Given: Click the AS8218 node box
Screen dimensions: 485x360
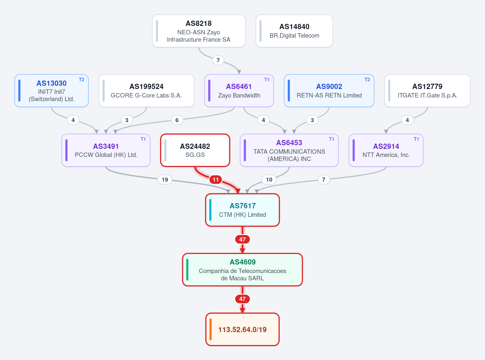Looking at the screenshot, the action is pyautogui.click(x=198, y=31).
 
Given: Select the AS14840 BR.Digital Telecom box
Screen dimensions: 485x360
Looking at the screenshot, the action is pyautogui.click(x=294, y=31).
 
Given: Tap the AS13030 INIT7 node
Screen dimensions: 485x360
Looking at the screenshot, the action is pyautogui.click(x=51, y=91).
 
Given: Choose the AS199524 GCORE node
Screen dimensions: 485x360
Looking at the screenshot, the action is pyautogui.click(x=146, y=91).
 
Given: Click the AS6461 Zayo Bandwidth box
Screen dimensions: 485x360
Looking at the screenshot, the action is pyautogui.click(x=239, y=91).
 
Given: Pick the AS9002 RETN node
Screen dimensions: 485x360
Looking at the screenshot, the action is pyautogui.click(x=329, y=91).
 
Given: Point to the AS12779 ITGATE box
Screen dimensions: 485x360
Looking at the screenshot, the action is pyautogui.click(x=427, y=91).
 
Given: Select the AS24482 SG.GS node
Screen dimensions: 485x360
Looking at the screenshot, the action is pyautogui.click(x=195, y=150).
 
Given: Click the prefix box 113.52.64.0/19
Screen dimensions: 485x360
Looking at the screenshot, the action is pyautogui.click(x=242, y=329).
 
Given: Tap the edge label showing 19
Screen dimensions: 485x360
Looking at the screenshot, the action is pyautogui.click(x=164, y=180).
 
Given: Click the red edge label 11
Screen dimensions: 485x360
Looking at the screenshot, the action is pyautogui.click(x=215, y=180).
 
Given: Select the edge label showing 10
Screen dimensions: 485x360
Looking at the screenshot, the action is pyautogui.click(x=269, y=180).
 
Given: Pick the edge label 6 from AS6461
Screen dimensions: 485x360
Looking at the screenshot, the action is pyautogui.click(x=177, y=120).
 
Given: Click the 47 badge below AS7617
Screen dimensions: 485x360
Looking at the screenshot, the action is pyautogui.click(x=242, y=239).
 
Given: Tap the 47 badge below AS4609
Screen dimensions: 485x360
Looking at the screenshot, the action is pyautogui.click(x=242, y=299).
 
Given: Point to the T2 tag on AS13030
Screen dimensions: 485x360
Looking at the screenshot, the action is pyautogui.click(x=82, y=80).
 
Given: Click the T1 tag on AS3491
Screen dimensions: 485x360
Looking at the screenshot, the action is pyautogui.click(x=143, y=139).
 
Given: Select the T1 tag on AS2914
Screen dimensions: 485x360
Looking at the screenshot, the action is pyautogui.click(x=416, y=139).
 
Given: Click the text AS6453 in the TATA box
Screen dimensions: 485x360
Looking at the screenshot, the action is pyautogui.click(x=289, y=143).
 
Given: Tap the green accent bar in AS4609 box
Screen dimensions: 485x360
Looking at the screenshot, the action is pyautogui.click(x=187, y=270).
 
